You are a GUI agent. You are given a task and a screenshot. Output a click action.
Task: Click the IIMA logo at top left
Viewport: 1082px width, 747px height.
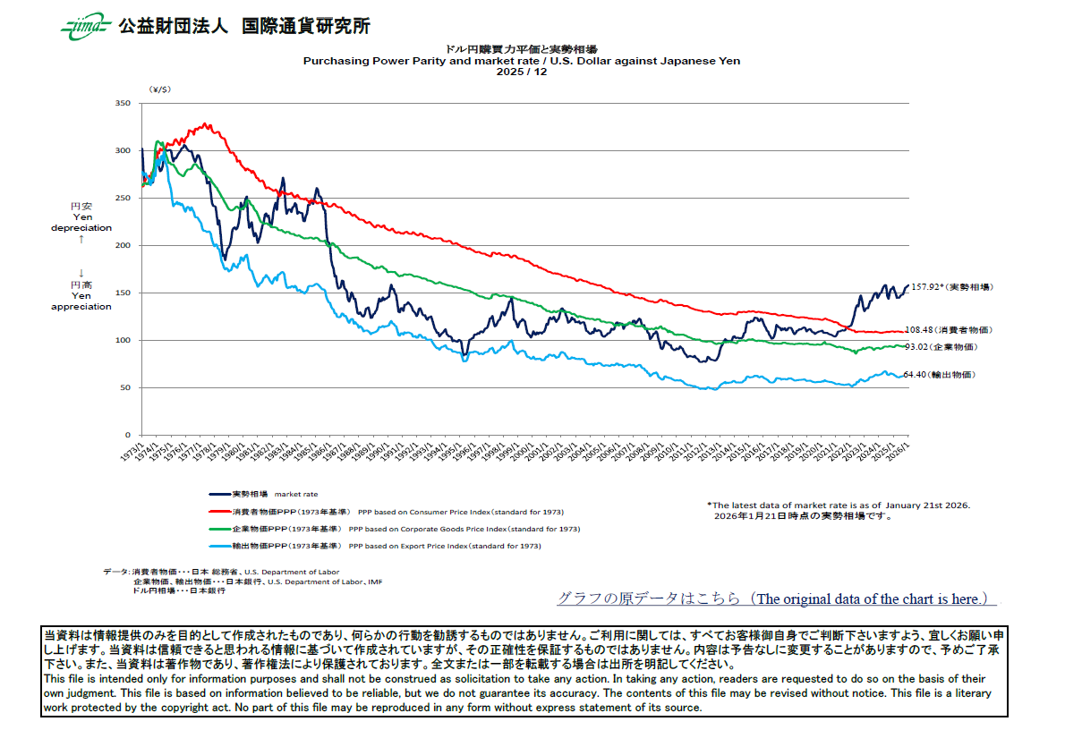[x=85, y=27]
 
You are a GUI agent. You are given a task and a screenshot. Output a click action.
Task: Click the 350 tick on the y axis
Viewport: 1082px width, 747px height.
[x=123, y=104]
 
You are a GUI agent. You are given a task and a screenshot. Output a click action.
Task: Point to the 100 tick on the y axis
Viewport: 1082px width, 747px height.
[x=123, y=341]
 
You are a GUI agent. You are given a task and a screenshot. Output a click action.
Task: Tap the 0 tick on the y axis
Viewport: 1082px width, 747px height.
[x=128, y=436]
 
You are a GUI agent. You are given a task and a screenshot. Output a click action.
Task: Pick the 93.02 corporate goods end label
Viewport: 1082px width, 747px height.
[x=941, y=346]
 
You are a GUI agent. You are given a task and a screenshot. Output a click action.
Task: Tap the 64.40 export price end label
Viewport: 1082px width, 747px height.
[x=938, y=375]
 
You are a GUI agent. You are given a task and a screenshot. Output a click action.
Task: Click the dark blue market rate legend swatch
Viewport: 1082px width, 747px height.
[x=219, y=494]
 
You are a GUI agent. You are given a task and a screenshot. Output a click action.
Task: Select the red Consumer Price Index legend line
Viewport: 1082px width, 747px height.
[x=219, y=512]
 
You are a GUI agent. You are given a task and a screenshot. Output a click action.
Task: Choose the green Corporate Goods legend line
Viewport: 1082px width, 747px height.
[x=219, y=529]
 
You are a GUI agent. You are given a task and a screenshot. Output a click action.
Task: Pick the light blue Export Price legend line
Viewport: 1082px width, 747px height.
[x=219, y=546]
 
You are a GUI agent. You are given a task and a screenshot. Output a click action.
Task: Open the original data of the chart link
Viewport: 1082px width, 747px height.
[x=776, y=599]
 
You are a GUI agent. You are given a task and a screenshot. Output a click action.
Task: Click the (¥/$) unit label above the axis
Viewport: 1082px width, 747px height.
[x=160, y=90]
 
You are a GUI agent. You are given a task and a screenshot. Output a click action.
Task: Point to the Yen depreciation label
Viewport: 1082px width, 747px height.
[x=81, y=222]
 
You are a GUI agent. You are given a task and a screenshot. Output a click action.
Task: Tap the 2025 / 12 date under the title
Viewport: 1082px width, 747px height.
[x=521, y=72]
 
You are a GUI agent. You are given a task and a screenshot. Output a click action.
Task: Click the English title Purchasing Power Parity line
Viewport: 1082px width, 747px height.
[x=521, y=61]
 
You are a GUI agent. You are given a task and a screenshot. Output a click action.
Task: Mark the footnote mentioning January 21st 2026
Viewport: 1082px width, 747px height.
[x=839, y=505]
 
